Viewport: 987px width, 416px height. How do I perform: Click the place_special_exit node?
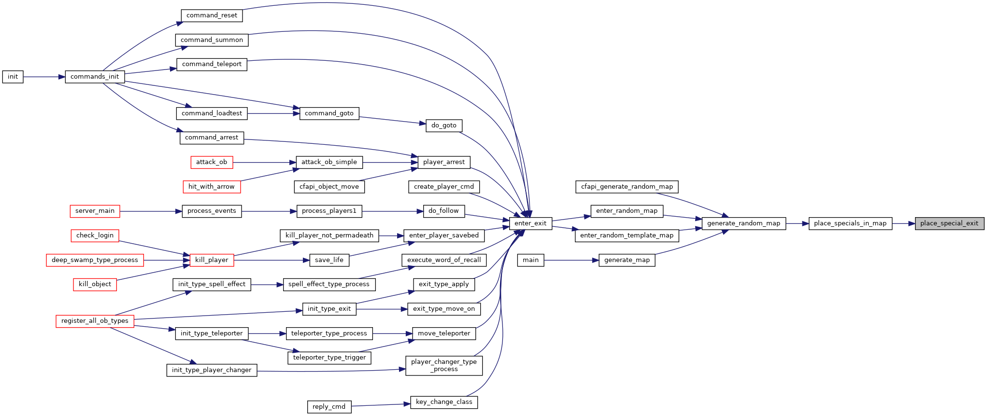(x=949, y=223)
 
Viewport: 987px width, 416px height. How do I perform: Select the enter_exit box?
(x=530, y=223)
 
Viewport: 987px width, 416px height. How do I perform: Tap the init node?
(x=13, y=77)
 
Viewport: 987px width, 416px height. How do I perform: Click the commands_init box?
(x=95, y=77)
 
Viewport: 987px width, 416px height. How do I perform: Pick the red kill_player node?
(x=212, y=260)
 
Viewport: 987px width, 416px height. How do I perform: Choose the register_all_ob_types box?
(x=95, y=321)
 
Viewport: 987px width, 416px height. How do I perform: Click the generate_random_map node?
(x=744, y=223)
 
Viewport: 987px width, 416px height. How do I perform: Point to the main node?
(x=530, y=260)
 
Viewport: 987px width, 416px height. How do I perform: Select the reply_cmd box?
(x=329, y=407)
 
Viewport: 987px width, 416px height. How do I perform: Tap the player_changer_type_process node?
(x=444, y=365)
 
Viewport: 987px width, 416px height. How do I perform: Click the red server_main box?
(x=95, y=211)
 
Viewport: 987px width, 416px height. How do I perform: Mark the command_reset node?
(x=212, y=15)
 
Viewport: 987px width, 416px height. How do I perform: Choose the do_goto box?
(x=444, y=125)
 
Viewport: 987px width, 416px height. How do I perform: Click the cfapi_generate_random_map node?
(x=627, y=187)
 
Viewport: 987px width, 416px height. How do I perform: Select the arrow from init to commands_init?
(x=44, y=77)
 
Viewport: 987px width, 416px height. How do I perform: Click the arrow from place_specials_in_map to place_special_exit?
(x=903, y=223)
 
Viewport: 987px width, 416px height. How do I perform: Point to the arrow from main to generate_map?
(x=572, y=260)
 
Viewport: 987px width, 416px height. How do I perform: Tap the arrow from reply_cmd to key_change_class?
(x=381, y=405)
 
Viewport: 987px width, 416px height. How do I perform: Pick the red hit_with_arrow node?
(x=212, y=187)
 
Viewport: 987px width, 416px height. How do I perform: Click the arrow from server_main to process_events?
(x=151, y=211)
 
